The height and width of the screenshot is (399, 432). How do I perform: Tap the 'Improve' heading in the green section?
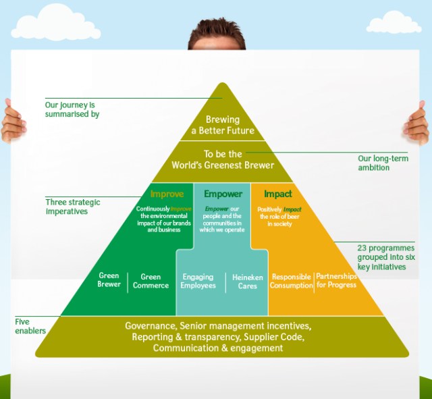pyautogui.click(x=167, y=194)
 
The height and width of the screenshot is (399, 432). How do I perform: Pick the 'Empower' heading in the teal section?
pyautogui.click(x=222, y=194)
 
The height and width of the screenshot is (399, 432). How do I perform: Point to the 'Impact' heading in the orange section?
pyautogui.click(x=278, y=194)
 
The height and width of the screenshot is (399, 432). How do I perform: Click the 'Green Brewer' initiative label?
pyautogui.click(x=109, y=280)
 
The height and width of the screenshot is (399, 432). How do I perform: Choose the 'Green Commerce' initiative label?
pyautogui.click(x=151, y=281)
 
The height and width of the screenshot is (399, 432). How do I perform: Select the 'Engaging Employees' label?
pyautogui.click(x=198, y=282)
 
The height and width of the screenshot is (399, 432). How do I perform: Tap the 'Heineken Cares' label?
pyautogui.click(x=248, y=282)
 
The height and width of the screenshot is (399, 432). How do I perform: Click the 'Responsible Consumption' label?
pyautogui.click(x=291, y=282)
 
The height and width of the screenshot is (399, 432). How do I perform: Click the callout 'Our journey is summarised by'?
pyautogui.click(x=72, y=109)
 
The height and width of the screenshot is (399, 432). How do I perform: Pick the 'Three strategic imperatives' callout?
pyautogui.click(x=73, y=207)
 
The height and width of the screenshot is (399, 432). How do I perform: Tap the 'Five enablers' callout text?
pyautogui.click(x=31, y=327)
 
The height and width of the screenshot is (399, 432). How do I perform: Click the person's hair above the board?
pyautogui.click(x=217, y=27)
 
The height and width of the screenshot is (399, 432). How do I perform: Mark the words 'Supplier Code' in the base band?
pyautogui.click(x=276, y=337)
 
